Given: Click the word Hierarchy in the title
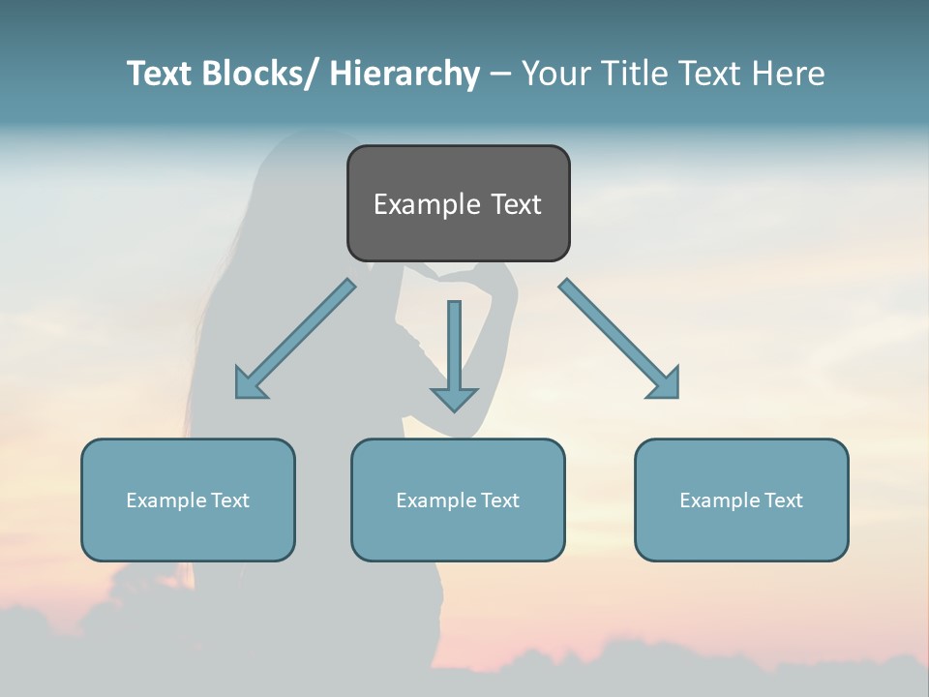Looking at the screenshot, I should tap(405, 74).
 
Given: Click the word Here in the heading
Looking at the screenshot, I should tap(788, 74).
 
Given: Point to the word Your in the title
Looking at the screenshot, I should tap(555, 74).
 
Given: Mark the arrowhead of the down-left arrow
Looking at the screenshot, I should tap(249, 384).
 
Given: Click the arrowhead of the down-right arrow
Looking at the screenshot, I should tap(666, 384).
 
